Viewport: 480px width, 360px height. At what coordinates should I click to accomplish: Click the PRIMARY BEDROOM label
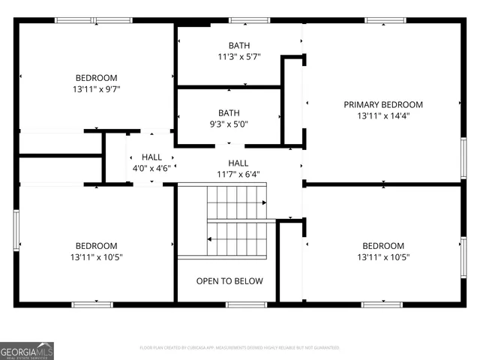[x=382, y=105]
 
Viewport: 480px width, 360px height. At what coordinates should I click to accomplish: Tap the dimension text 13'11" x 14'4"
[x=382, y=116]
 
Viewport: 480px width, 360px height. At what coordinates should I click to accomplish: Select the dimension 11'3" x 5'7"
[x=239, y=57]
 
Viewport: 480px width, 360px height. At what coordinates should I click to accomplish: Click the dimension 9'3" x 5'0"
[x=228, y=124]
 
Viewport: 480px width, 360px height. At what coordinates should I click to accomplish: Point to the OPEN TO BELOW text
[x=229, y=281]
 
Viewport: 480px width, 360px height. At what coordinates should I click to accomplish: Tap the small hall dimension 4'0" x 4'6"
[x=151, y=169]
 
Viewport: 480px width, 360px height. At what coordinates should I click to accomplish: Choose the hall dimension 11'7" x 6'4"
[x=238, y=174]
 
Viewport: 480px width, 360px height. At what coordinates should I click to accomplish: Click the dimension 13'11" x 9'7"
[x=96, y=89]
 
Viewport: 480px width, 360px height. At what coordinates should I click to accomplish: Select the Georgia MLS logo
[x=27, y=350]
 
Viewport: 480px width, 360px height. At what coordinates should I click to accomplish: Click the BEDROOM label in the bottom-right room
[x=382, y=246]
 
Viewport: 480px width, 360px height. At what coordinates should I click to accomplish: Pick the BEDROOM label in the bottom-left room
[x=96, y=246]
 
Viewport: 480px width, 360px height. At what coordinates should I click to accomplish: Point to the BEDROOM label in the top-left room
[x=96, y=78]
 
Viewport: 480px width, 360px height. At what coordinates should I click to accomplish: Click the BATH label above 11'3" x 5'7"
[x=239, y=46]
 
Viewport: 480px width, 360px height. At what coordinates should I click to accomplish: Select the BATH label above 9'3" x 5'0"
[x=228, y=113]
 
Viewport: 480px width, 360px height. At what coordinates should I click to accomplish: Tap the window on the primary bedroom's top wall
[x=385, y=20]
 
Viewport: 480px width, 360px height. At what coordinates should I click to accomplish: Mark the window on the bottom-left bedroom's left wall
[x=16, y=230]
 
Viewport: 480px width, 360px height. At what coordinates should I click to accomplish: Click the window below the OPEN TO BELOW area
[x=246, y=304]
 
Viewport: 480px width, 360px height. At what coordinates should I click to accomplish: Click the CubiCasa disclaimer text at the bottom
[x=239, y=348]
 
